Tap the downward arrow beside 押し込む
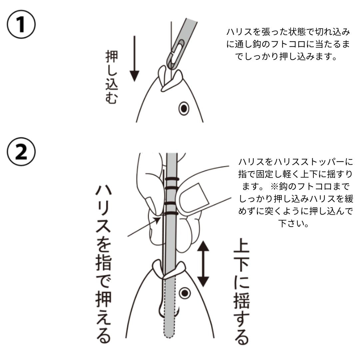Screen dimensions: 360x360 coord(134,59)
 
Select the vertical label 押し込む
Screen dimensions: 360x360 coord(111,77)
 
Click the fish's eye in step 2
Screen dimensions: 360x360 coord(184,293)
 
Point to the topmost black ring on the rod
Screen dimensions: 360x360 coord(172,179)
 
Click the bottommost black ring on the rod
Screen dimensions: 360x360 coord(172,213)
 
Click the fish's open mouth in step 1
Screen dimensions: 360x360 coord(170,78)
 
